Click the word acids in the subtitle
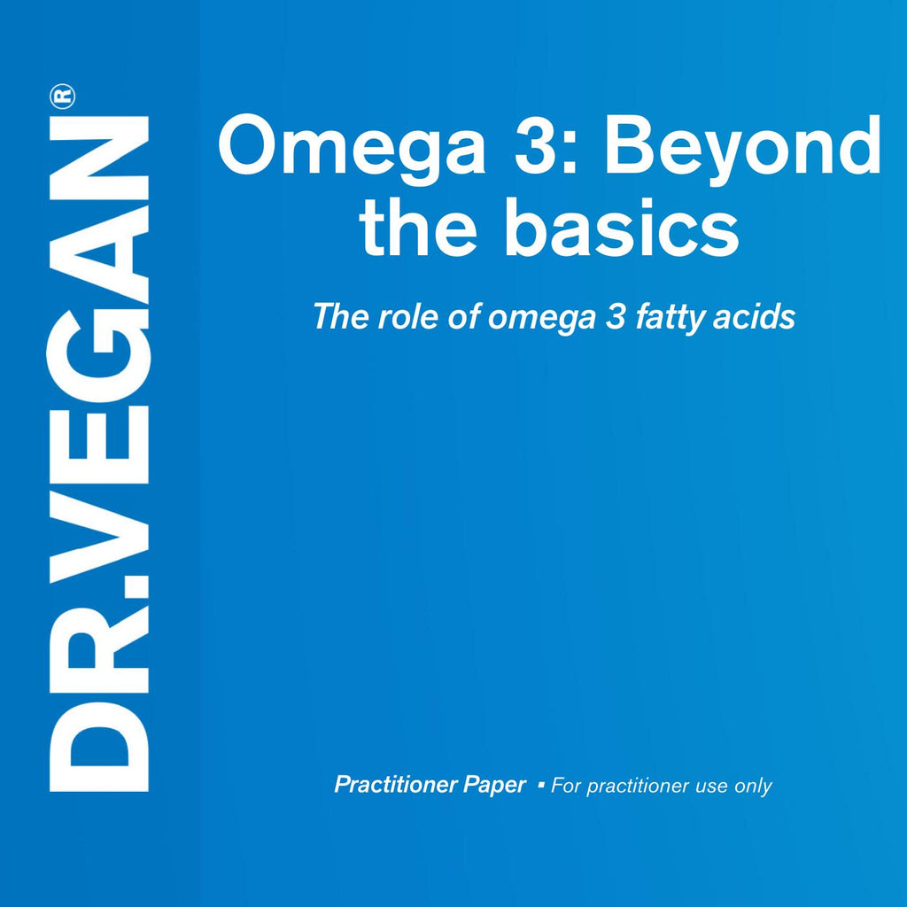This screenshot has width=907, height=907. [x=754, y=317]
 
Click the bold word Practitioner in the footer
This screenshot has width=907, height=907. [x=396, y=785]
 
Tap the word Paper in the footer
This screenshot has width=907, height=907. [x=495, y=786]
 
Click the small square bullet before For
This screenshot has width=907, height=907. [x=541, y=785]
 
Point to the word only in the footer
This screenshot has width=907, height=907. [x=753, y=787]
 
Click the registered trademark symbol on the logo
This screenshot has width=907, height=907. [x=63, y=97]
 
